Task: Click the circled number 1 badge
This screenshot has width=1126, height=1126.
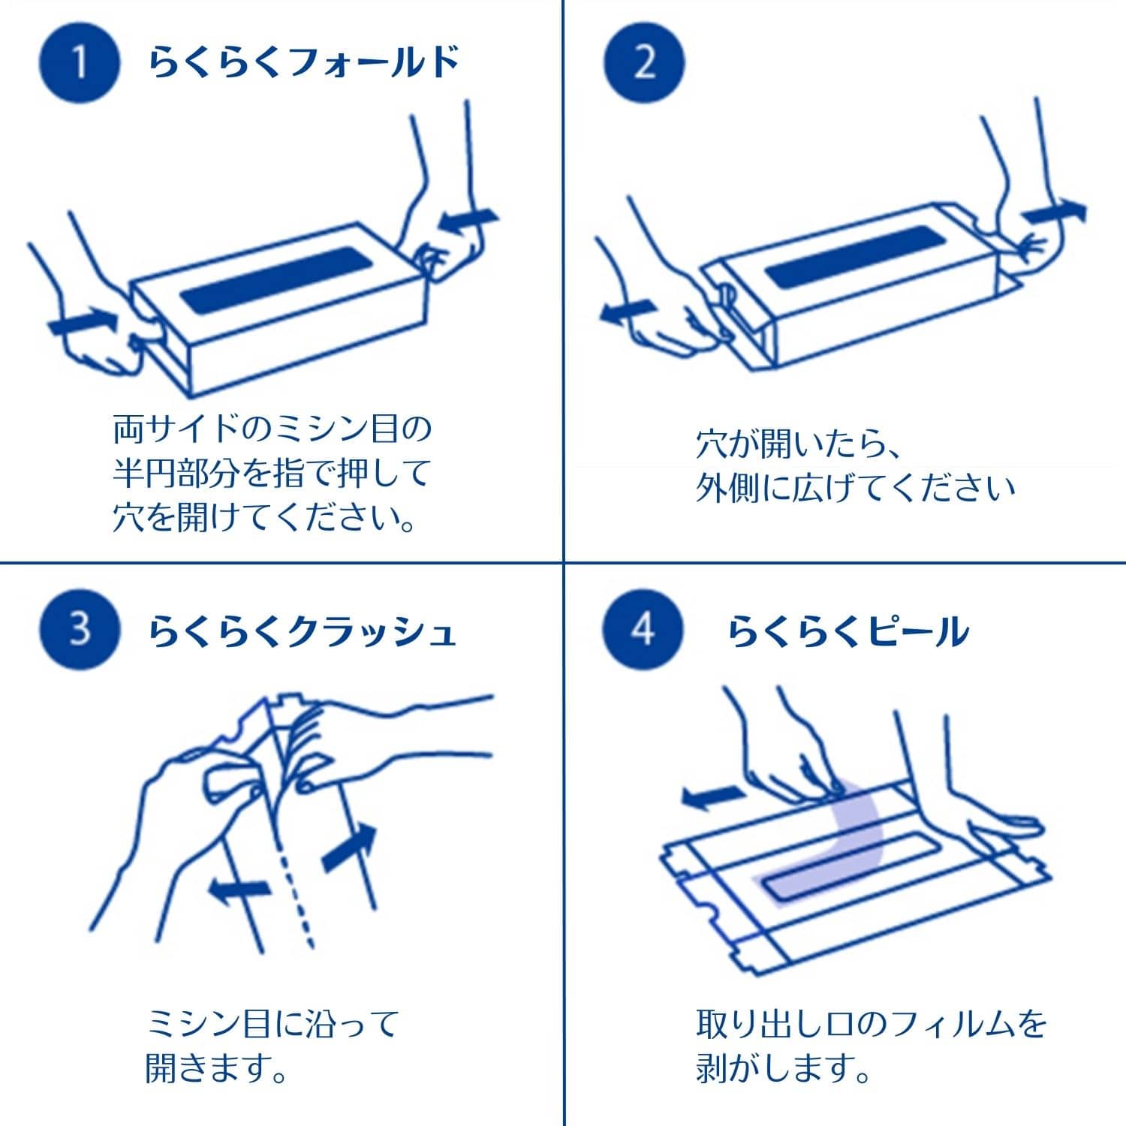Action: pos(79,62)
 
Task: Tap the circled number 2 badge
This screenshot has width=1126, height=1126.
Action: pos(643,62)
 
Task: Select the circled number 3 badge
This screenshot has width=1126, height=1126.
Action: pos(79,629)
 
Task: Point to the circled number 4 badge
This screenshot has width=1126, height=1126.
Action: pos(643,629)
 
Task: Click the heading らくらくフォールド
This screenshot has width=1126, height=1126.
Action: pos(304,62)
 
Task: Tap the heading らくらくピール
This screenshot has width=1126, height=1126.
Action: pos(848,631)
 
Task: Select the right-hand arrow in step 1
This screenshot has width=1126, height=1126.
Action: pos(467,221)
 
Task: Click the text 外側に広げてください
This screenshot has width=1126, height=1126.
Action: pos(854,489)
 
